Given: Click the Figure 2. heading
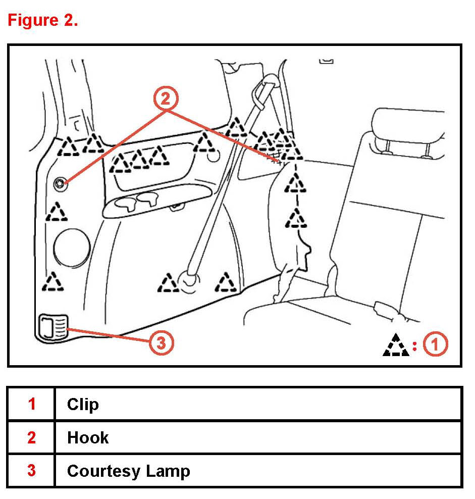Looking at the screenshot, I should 42,21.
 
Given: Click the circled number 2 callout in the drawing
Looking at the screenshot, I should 166,99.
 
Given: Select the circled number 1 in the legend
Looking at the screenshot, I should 435,345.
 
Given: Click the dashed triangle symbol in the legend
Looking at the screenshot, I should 396,345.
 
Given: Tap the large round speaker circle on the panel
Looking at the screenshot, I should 72,247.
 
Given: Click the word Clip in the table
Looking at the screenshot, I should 83,405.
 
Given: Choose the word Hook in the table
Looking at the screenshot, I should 88,437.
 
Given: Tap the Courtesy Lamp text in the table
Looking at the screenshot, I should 128,471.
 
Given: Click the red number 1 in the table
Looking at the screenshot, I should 32,405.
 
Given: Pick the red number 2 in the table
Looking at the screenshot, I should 32,437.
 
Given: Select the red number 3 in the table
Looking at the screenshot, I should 32,471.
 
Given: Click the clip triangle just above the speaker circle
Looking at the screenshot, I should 57,213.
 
